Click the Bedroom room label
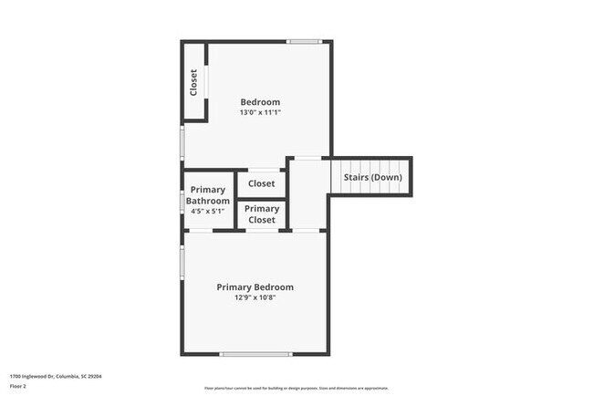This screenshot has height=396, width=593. pyautogui.click(x=260, y=101)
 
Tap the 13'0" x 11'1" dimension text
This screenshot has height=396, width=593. pyautogui.click(x=260, y=112)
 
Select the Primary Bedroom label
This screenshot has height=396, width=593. pyautogui.click(x=255, y=287)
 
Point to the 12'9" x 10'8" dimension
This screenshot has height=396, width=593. pyautogui.click(x=255, y=297)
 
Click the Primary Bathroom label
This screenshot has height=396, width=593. pyautogui.click(x=208, y=196)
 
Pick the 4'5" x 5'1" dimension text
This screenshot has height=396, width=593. pyautogui.click(x=208, y=211)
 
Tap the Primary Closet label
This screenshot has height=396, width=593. pyautogui.click(x=262, y=214)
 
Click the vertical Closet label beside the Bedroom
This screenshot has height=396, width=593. pyautogui.click(x=194, y=83)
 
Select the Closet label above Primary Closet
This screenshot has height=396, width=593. pyautogui.click(x=262, y=183)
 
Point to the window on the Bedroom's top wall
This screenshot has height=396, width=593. pyautogui.click(x=304, y=41)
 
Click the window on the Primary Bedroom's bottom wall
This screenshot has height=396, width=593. pyautogui.click(x=255, y=354)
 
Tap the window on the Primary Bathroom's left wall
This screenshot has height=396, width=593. pyautogui.click(x=182, y=201)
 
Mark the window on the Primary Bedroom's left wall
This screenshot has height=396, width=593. pyautogui.click(x=182, y=261)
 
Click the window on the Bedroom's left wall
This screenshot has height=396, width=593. pyautogui.click(x=182, y=141)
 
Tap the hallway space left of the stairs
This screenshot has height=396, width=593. pyautogui.click(x=308, y=196)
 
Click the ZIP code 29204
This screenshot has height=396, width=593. pyautogui.click(x=94, y=376)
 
